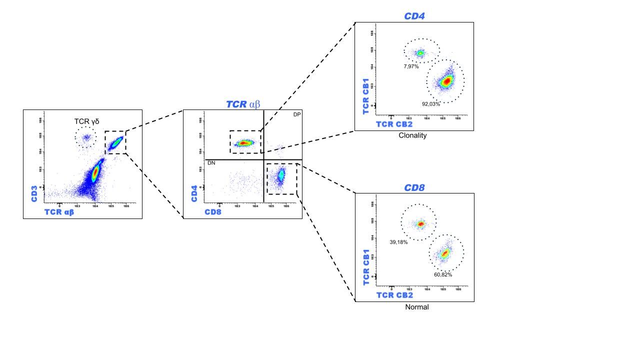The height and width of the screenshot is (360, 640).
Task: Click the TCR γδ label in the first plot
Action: tap(86, 121)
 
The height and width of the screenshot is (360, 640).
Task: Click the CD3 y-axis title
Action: tap(34, 194)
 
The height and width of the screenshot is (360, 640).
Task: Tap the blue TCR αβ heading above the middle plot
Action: tap(243, 104)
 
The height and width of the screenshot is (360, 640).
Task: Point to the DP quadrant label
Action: tap(297, 114)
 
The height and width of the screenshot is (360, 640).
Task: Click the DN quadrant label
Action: tap(211, 163)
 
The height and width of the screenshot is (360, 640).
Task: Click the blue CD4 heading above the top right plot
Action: tap(414, 16)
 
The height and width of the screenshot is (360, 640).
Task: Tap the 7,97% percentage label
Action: tap(411, 66)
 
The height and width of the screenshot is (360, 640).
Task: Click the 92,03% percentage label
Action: tap(431, 104)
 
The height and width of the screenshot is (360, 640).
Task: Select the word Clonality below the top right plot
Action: tap(412, 135)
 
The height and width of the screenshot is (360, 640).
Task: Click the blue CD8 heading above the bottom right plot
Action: tap(414, 188)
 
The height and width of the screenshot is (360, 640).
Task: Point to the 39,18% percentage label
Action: tap(398, 242)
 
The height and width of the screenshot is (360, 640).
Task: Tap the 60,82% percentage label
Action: tap(443, 274)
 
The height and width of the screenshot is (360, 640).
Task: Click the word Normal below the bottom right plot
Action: tap(417, 307)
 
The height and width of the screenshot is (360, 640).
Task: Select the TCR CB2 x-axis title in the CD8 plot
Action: tap(394, 295)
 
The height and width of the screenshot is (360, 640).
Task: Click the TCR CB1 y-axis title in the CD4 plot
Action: tap(366, 95)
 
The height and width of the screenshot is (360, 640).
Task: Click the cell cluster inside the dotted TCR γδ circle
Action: tap(85, 137)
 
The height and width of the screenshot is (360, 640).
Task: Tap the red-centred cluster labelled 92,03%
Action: tap(446, 81)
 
